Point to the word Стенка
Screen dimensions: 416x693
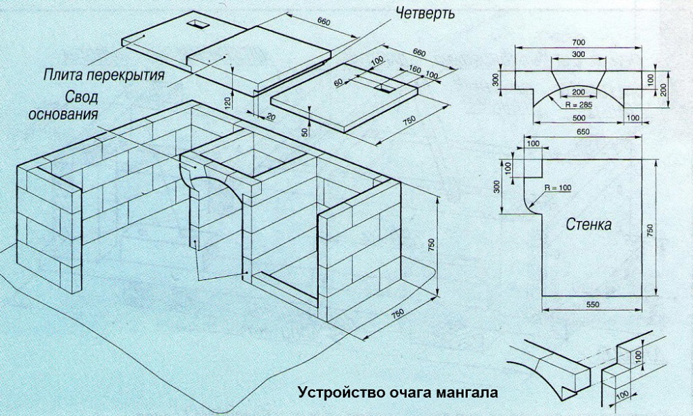[590, 225]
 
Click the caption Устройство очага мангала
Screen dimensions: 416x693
[398, 392]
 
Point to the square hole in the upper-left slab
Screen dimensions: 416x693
[199, 24]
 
